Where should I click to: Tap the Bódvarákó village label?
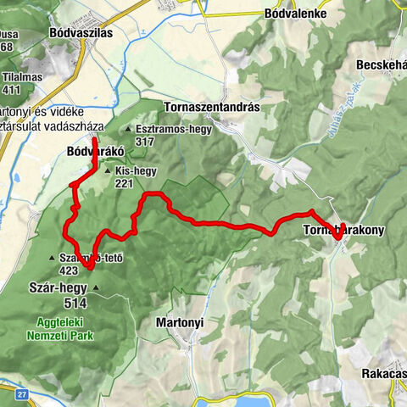pyautogui.click(x=95, y=152)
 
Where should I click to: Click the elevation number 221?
pyautogui.click(x=125, y=183)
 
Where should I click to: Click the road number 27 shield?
pyautogui.click(x=20, y=393)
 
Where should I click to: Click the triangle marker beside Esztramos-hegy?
pyautogui.click(x=127, y=130)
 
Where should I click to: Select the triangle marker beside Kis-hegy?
pyautogui.click(x=108, y=171)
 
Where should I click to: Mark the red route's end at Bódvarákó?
pyautogui.click(x=92, y=138)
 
